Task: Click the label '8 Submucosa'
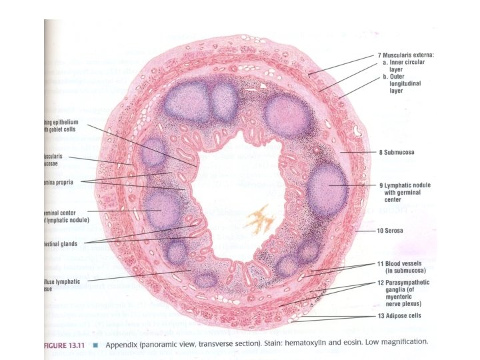pos(397,153)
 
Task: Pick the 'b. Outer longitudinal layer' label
pos(401,84)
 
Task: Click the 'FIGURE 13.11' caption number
pos(64,342)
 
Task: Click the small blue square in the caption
pos(95,343)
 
